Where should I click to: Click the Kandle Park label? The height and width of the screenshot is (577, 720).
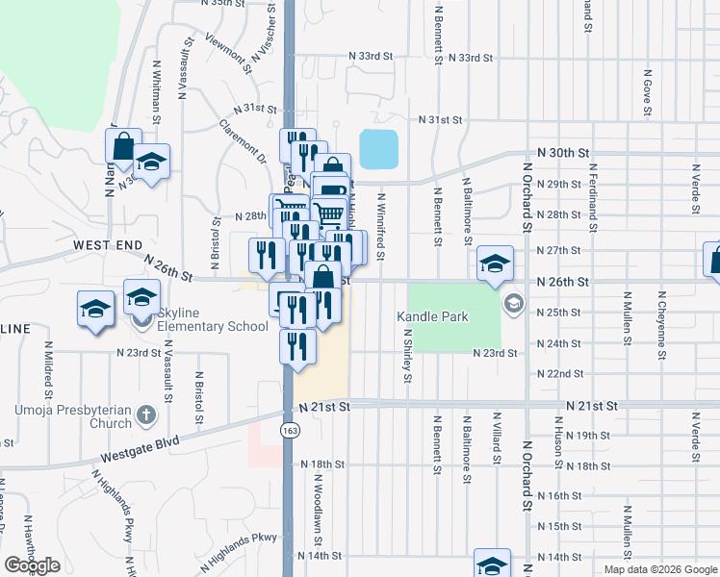(431, 315)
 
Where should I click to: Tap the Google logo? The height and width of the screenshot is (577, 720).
(32, 565)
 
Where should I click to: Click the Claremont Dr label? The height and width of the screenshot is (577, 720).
(242, 140)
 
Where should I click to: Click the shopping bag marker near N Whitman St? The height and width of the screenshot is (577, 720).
(124, 148)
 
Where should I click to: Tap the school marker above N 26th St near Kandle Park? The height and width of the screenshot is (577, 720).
(494, 263)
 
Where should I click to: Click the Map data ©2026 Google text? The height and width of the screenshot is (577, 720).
(660, 569)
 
